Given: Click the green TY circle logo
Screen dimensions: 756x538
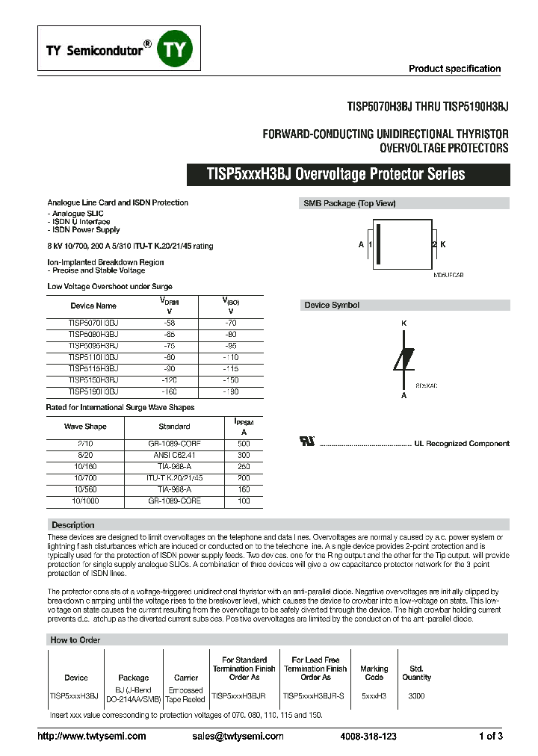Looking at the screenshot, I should pyautogui.click(x=177, y=50).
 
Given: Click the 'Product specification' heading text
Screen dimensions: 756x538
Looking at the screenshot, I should pyautogui.click(x=454, y=69).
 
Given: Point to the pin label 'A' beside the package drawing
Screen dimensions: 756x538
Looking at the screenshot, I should pyautogui.click(x=361, y=245).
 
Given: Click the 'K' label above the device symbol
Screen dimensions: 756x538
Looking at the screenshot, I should pyautogui.click(x=404, y=323).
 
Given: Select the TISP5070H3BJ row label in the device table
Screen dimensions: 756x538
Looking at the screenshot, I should pyautogui.click(x=93, y=323).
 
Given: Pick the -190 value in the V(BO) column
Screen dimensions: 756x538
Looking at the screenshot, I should pyautogui.click(x=230, y=391).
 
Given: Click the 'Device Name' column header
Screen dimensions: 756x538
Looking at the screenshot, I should pyautogui.click(x=93, y=306).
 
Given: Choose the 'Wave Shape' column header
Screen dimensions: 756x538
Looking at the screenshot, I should pyautogui.click(x=85, y=427).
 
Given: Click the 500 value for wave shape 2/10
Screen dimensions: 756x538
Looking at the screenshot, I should pyautogui.click(x=244, y=444).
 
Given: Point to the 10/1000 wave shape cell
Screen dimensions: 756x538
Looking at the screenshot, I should pyautogui.click(x=85, y=501).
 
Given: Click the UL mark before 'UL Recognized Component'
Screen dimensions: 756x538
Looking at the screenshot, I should pyautogui.click(x=306, y=442).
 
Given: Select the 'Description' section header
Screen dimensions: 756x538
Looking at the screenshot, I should pyautogui.click(x=72, y=525).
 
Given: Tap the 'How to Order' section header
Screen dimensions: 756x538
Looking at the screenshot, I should pyautogui.click(x=75, y=640).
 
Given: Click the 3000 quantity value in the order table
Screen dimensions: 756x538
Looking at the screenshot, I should pyautogui.click(x=416, y=695).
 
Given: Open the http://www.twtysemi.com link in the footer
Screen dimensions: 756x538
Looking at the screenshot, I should pyautogui.click(x=92, y=737).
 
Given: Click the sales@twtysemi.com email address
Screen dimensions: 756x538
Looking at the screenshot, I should pyautogui.click(x=238, y=737).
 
